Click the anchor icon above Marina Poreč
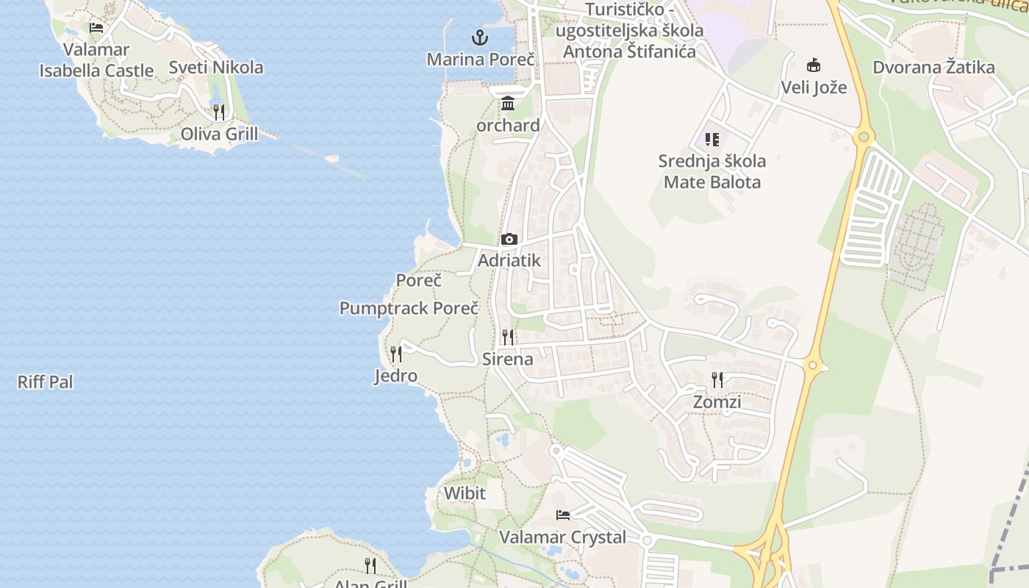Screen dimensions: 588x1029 [479, 37]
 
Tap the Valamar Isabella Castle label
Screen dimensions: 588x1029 [96, 60]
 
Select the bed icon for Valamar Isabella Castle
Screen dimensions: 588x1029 [96, 28]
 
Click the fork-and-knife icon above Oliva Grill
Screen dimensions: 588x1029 [219, 112]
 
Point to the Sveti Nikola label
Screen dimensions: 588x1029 [216, 68]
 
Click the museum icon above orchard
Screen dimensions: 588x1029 [508, 103]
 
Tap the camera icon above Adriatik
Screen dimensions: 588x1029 [509, 239]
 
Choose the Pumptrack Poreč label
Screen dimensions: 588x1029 [409, 308]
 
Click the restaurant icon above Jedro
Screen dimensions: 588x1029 [396, 354]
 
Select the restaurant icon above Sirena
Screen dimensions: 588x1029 [508, 337]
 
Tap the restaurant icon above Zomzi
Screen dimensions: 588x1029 [717, 380]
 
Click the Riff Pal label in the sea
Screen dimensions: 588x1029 [45, 382]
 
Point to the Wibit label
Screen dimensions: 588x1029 [465, 493]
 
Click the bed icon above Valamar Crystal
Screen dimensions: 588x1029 [563, 515]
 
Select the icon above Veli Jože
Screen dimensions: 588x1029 [814, 65]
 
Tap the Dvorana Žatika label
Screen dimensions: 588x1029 [933, 68]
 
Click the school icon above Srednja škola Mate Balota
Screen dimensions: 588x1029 [711, 139]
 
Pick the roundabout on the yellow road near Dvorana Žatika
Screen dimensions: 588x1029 [864, 136]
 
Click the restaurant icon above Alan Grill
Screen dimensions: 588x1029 [370, 565]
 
